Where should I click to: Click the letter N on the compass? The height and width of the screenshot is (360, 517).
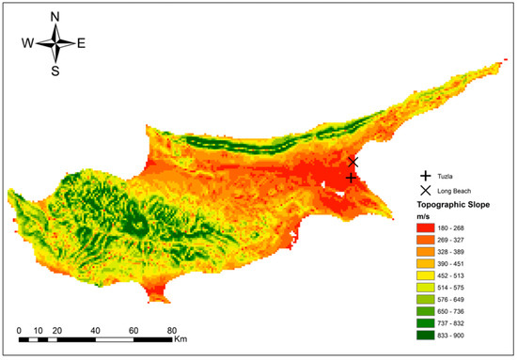click(55, 17)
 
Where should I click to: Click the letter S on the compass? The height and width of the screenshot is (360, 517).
click(55, 70)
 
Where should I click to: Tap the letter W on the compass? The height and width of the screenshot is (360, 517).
click(29, 43)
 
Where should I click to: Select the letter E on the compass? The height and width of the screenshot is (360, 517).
click(81, 43)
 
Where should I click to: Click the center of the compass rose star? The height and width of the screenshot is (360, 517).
click(55, 43)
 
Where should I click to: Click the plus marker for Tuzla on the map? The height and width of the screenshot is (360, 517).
click(352, 178)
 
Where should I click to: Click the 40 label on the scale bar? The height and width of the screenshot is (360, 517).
click(95, 331)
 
